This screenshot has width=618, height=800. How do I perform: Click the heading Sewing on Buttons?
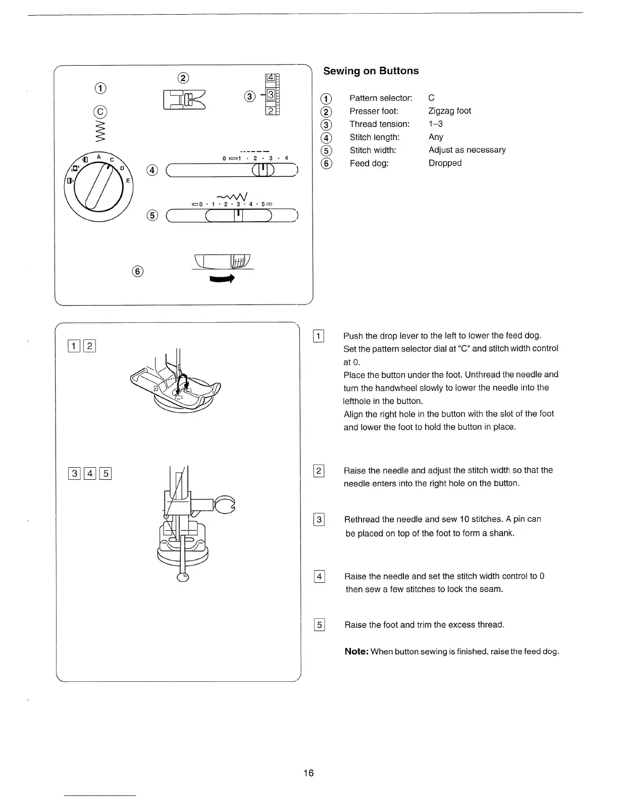pyautogui.click(x=371, y=71)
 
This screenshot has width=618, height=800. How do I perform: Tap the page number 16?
pyautogui.click(x=308, y=773)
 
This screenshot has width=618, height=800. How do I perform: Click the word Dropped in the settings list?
pyautogui.click(x=445, y=163)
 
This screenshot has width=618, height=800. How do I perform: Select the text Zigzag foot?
pyautogui.click(x=449, y=111)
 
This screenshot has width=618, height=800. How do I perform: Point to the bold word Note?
pyautogui.click(x=356, y=652)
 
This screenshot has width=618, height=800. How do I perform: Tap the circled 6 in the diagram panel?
pyautogui.click(x=137, y=271)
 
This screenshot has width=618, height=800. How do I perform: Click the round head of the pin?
pyautogui.click(x=183, y=577)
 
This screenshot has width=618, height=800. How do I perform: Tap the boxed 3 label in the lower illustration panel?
pyautogui.click(x=75, y=473)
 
